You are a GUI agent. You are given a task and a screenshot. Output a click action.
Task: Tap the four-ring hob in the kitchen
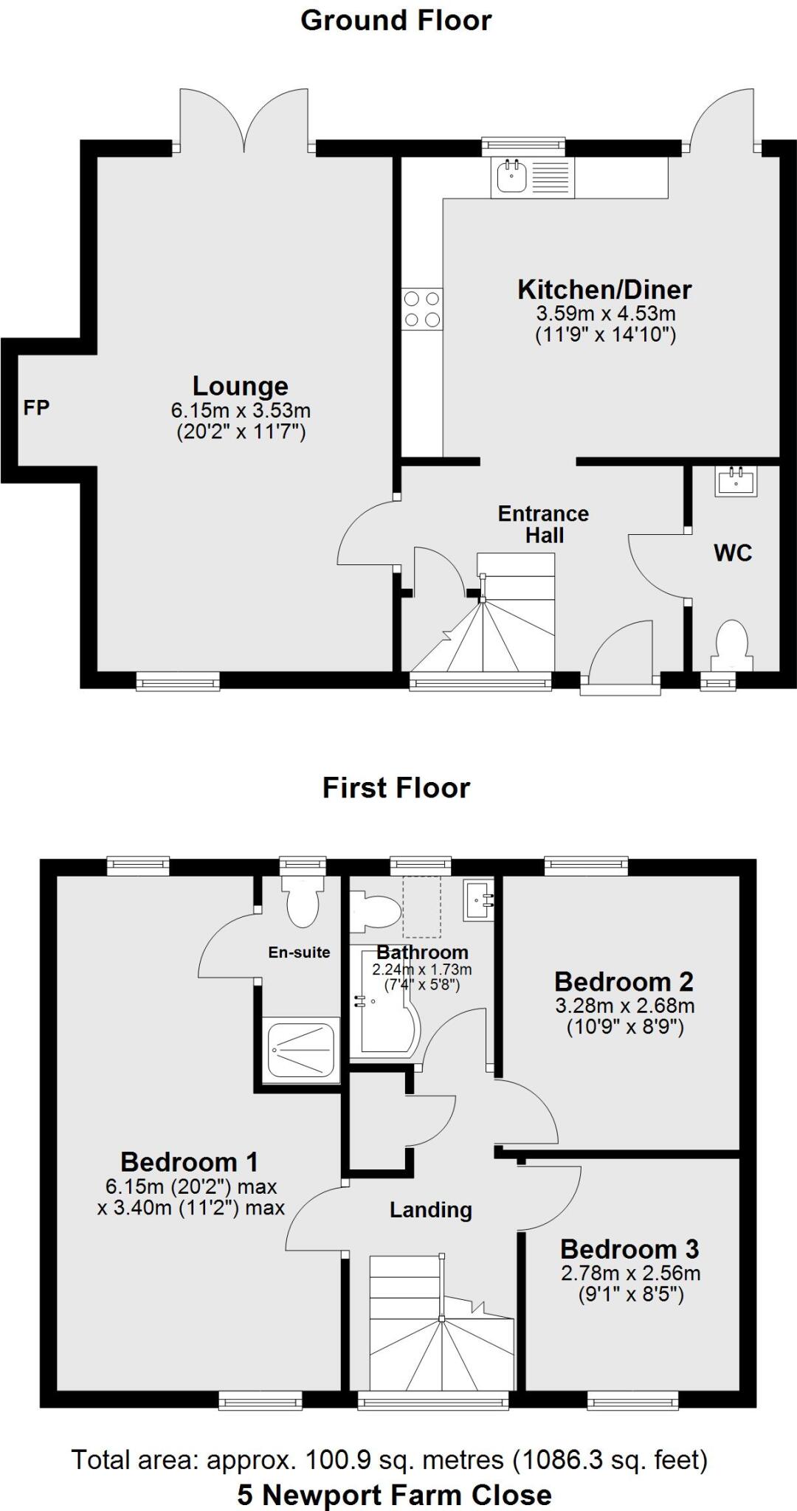point(422,308)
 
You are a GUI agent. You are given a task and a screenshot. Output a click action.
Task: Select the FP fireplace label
point(36,407)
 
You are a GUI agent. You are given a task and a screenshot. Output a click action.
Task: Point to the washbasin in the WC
point(736,483)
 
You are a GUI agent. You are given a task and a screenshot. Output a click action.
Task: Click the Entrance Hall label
point(543,524)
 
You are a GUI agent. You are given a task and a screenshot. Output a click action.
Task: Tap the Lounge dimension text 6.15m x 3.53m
point(241,410)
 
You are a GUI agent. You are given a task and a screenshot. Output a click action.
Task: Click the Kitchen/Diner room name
point(604,289)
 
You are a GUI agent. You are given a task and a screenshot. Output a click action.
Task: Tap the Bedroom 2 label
point(624,982)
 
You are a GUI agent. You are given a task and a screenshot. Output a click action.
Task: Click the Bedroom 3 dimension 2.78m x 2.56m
point(630,1273)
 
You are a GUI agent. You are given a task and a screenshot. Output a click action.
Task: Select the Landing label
point(430,1210)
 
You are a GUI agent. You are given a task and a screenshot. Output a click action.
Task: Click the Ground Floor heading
point(396,21)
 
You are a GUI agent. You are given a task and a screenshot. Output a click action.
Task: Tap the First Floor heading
point(396,788)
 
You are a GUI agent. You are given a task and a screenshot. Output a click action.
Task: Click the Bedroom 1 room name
point(189,1162)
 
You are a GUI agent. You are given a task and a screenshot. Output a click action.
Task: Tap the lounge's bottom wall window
point(178,680)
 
